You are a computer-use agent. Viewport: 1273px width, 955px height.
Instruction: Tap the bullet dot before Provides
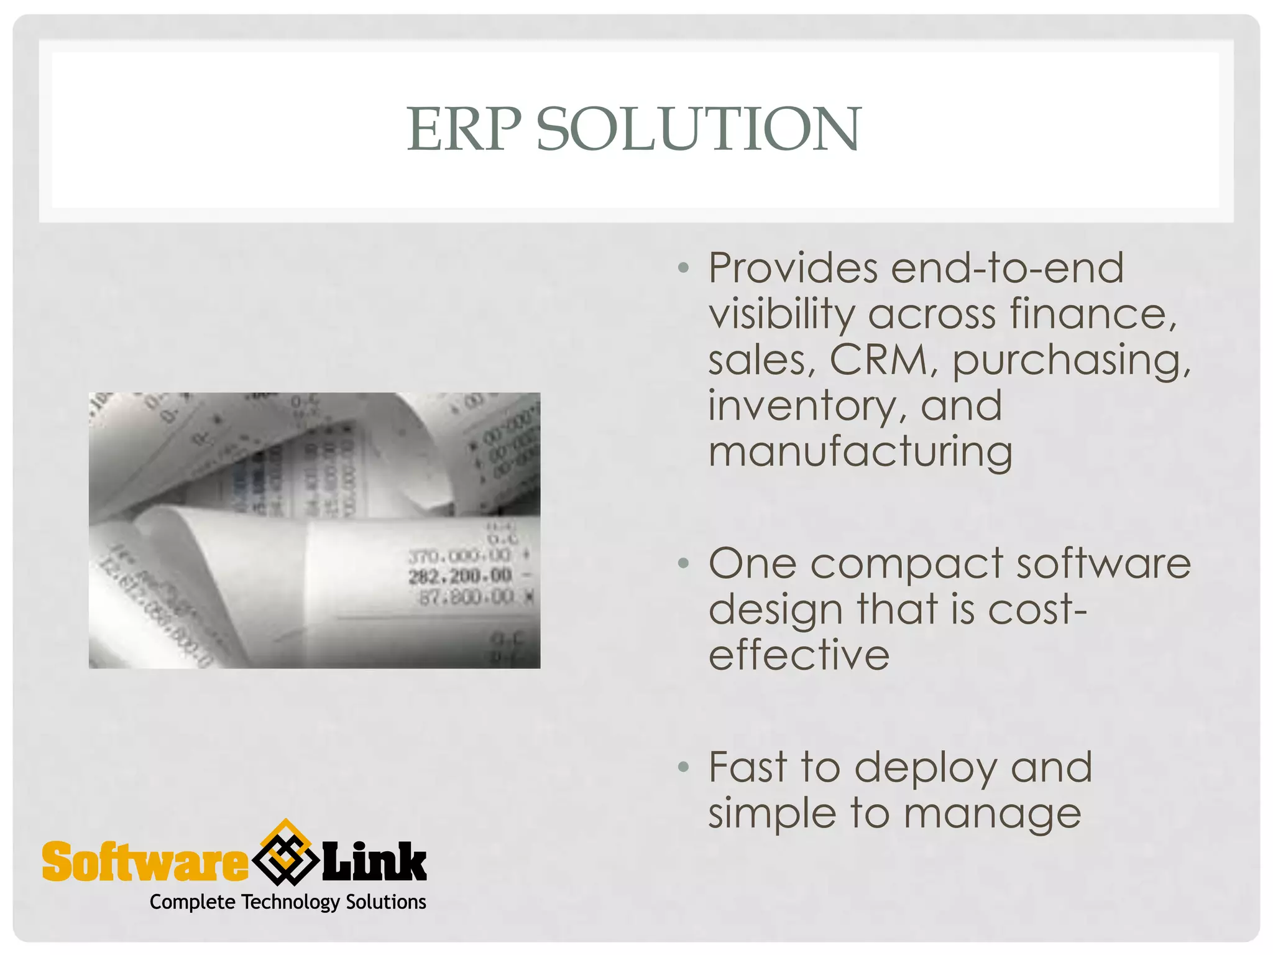(684, 268)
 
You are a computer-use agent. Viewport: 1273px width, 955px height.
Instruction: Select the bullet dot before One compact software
(684, 563)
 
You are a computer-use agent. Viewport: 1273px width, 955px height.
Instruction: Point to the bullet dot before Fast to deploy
(684, 767)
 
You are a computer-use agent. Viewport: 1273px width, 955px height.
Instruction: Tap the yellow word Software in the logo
(144, 862)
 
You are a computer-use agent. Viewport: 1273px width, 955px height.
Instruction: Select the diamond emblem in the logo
(285, 853)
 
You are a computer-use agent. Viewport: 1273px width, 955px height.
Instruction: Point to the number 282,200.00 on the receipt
(460, 576)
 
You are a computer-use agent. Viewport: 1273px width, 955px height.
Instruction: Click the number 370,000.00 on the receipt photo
(460, 555)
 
